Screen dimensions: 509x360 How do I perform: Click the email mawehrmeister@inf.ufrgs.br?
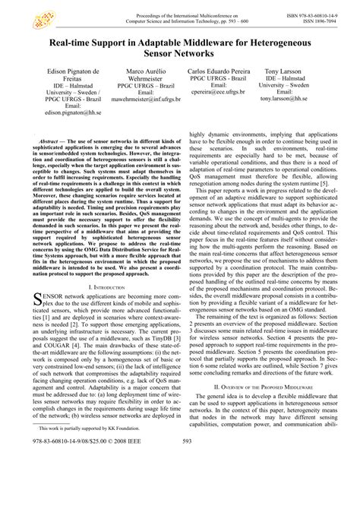pyautogui.click(x=139, y=98)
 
